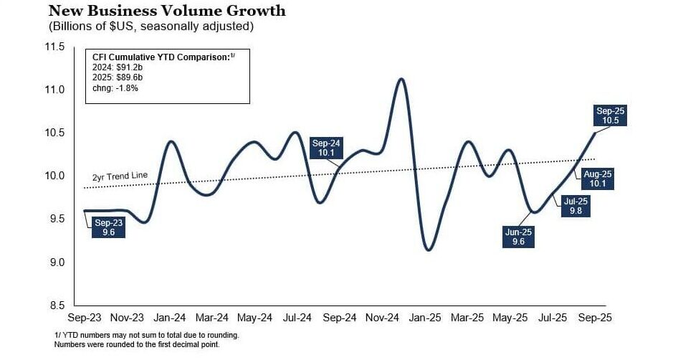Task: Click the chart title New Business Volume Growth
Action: pyautogui.click(x=167, y=11)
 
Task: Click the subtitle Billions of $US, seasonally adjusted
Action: pyautogui.click(x=151, y=27)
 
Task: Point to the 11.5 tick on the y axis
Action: pyautogui.click(x=55, y=47)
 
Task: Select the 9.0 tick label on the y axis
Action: pyautogui.click(x=57, y=262)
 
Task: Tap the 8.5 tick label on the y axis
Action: pyautogui.click(x=57, y=305)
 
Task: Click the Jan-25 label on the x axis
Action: pyautogui.click(x=426, y=317)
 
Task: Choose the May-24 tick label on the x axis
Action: pyautogui.click(x=254, y=317)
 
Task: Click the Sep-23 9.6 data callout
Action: pyautogui.click(x=109, y=227)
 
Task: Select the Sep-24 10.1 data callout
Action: pyautogui.click(x=326, y=148)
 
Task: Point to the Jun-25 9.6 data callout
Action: pyautogui.click(x=517, y=237)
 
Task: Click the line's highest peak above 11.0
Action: pyautogui.click(x=401, y=79)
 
